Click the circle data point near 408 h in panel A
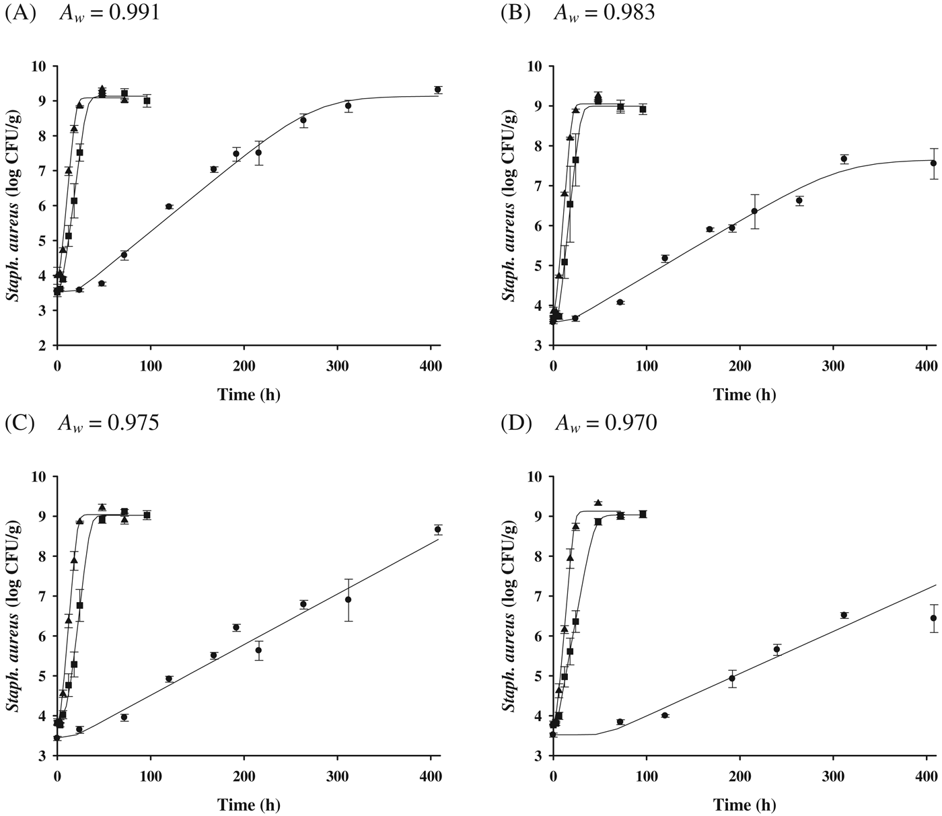point(437,89)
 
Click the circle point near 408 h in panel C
point(437,529)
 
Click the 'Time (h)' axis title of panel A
point(248,395)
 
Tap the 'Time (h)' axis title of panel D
point(744,805)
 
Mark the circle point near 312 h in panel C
point(349,599)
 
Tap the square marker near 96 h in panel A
point(147,101)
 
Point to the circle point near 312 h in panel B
point(844,159)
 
